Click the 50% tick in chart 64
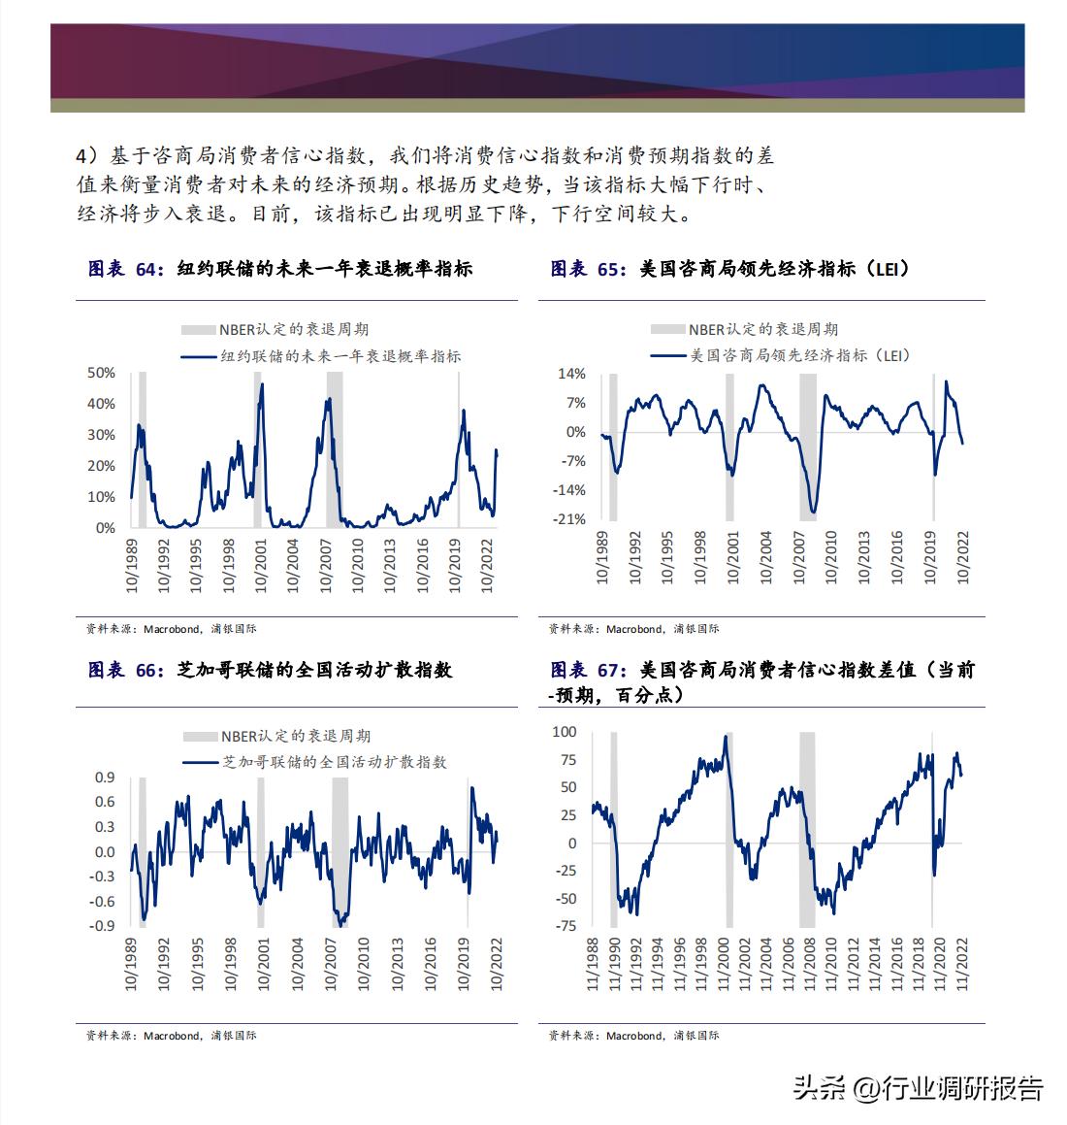pyautogui.click(x=102, y=373)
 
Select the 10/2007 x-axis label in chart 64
pyautogui.click(x=327, y=566)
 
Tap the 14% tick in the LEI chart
pyautogui.click(x=572, y=374)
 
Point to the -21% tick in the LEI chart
pyautogui.click(x=571, y=519)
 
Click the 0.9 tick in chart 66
pyautogui.click(x=105, y=778)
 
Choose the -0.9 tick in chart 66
pyautogui.click(x=103, y=926)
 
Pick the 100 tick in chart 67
pyautogui.click(x=564, y=731)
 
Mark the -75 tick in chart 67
pyautogui.click(x=565, y=926)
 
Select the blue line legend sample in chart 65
pyautogui.click(x=668, y=356)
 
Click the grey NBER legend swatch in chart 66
pyautogui.click(x=199, y=737)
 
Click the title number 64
pyautogui.click(x=148, y=270)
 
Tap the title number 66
pyautogui.click(x=148, y=670)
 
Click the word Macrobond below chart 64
pyautogui.click(x=172, y=629)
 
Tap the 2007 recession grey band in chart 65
pyautogui.click(x=807, y=447)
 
